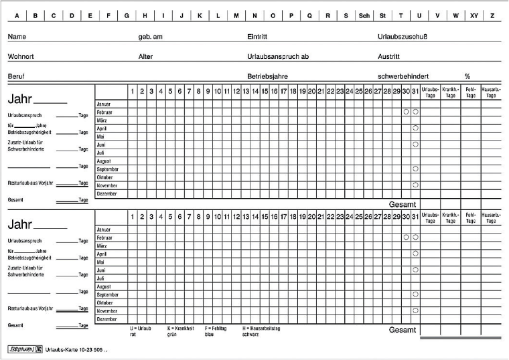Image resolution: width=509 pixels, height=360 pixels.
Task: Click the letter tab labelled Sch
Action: coord(364,15)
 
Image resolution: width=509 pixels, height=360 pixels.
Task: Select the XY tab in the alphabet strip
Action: coord(474,15)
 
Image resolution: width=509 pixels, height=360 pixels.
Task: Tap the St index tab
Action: coord(382,15)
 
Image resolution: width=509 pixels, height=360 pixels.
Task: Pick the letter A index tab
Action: coord(17,15)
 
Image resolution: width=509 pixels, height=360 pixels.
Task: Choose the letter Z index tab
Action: coord(492,15)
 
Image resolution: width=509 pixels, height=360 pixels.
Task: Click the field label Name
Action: coord(17,36)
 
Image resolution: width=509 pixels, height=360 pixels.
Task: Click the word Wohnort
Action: coord(21,56)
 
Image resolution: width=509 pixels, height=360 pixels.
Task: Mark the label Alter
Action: coord(145,56)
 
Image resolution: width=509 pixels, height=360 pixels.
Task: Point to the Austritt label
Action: coord(388,56)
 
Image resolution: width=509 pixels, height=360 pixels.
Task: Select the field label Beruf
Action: coord(17,76)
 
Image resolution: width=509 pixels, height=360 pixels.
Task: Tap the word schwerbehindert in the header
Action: coord(403,76)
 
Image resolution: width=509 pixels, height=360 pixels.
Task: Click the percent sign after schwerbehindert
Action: coord(467,76)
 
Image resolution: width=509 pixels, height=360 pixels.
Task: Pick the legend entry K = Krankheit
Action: coord(181,329)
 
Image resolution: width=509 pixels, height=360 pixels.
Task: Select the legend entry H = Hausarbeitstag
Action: coord(261,329)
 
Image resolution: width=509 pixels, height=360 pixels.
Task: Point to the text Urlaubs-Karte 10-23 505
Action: coord(74,349)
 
